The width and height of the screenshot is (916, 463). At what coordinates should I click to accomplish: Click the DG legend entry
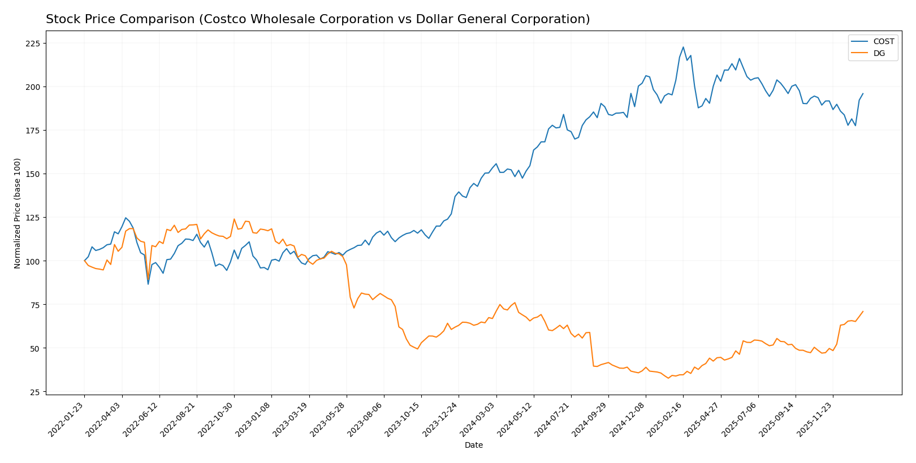coord(879,54)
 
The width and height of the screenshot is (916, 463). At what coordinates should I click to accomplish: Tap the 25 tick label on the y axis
coord(35,392)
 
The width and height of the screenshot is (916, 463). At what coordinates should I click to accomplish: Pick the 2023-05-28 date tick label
coord(329,419)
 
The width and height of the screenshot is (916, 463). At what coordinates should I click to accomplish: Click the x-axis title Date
coord(473,445)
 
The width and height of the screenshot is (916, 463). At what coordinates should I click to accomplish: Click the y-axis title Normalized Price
coord(18,213)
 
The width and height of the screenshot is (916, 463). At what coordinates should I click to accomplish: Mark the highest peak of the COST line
coord(683,47)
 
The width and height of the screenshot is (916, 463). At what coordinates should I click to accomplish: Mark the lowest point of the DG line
coord(668,378)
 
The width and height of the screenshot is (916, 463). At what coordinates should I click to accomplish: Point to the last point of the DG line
coord(863,311)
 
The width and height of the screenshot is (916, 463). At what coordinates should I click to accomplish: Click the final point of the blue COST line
coord(863,94)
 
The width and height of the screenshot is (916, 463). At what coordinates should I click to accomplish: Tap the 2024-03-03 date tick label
coord(478,419)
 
